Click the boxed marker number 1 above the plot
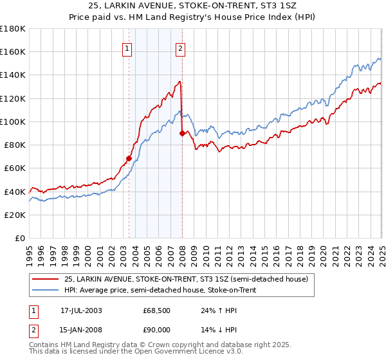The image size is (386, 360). tap(127, 48)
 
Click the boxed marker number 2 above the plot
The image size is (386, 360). tap(181, 48)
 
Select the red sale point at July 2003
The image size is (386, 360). tap(129, 158)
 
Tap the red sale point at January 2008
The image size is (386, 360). tap(182, 133)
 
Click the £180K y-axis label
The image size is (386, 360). tap(13, 29)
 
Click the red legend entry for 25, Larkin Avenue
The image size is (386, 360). tap(187, 279)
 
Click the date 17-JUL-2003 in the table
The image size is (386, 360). tap(81, 310)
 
